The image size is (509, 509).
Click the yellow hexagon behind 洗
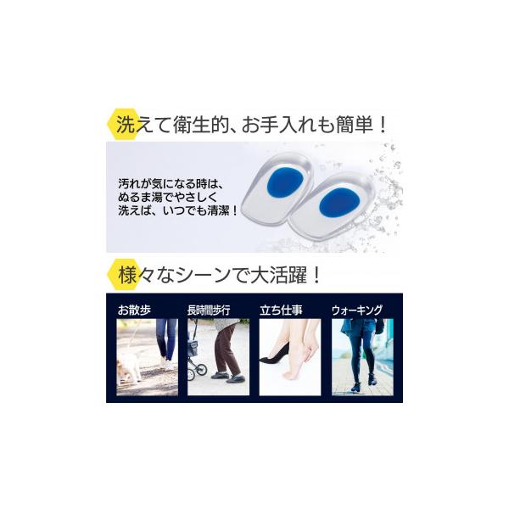122,124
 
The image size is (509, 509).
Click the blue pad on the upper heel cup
285,182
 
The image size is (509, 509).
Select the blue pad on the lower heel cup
338,203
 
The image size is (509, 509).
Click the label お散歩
134,310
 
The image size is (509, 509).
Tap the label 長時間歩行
209,310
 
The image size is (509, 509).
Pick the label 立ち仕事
281,310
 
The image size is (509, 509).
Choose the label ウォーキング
357,310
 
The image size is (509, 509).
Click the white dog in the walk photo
130,367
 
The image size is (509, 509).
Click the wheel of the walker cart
200,369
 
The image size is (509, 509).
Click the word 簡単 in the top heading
355,124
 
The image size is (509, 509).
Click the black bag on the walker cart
197,350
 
